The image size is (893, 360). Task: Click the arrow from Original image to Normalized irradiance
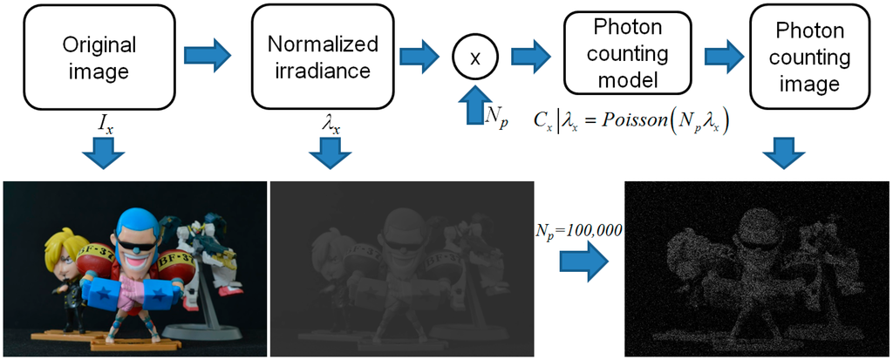[x=208, y=55]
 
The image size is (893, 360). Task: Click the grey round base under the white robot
[x=201, y=331]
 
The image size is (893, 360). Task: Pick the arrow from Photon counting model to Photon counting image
[x=721, y=57]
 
